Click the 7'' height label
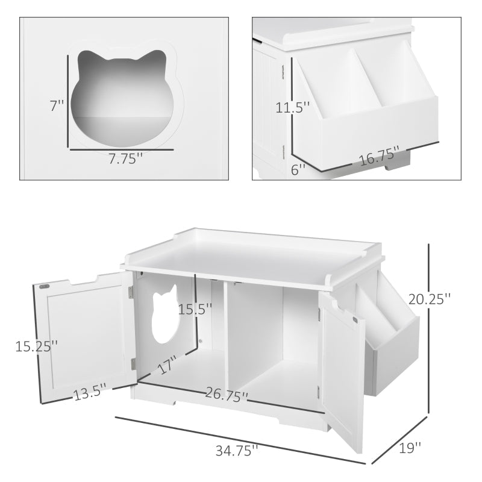point(57,106)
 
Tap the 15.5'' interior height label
point(195,309)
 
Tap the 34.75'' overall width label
point(238,449)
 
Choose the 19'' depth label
point(410,448)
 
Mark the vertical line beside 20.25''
point(428,328)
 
